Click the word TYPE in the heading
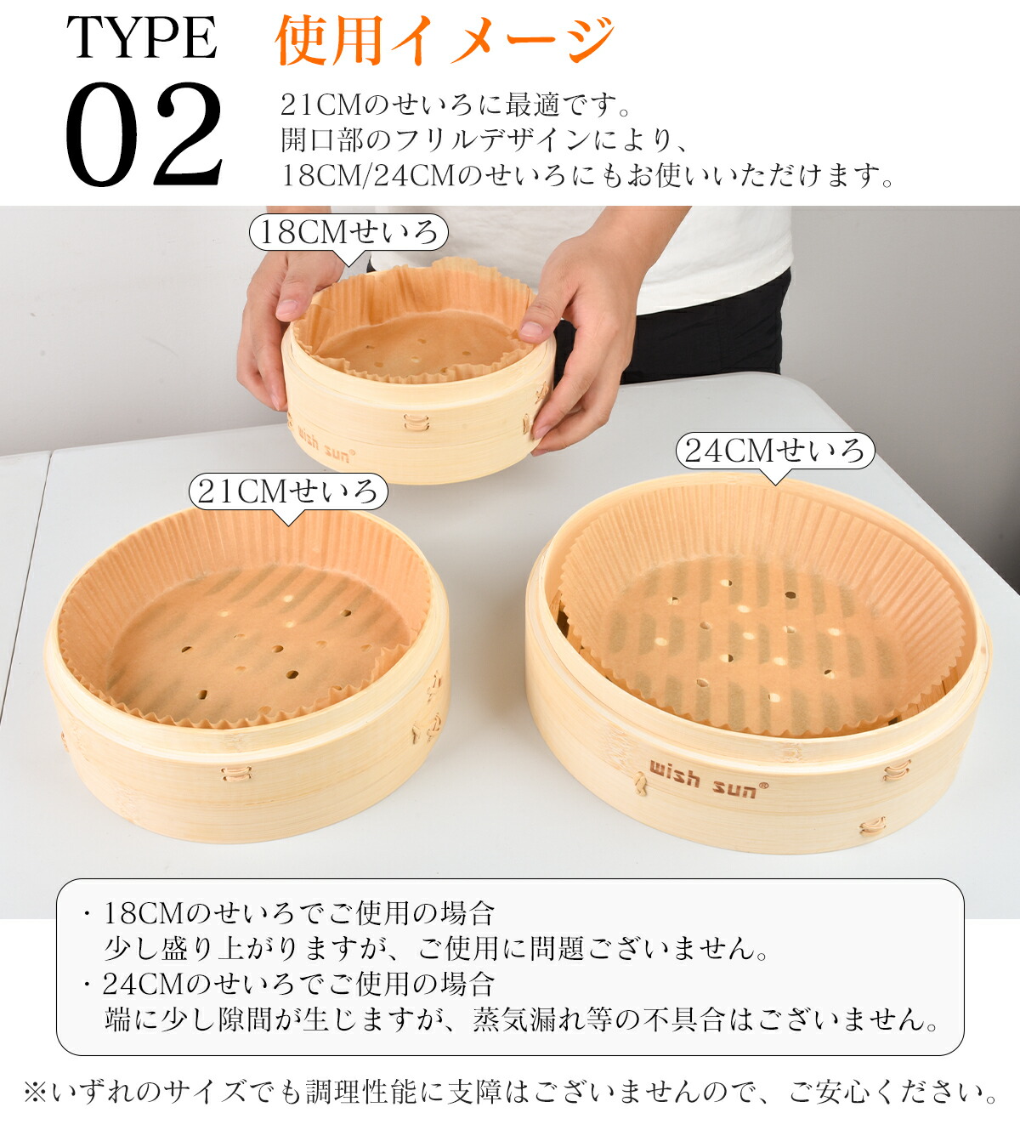pos(141,37)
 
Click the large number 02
pos(144,134)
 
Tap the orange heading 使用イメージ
pos(445,40)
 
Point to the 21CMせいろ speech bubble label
pos(288,491)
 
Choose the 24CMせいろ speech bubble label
pos(775,451)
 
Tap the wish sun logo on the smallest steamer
pos(321,446)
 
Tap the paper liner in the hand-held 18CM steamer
pos(416,324)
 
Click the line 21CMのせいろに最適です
pos(455,105)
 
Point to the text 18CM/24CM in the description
pos(367,175)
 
